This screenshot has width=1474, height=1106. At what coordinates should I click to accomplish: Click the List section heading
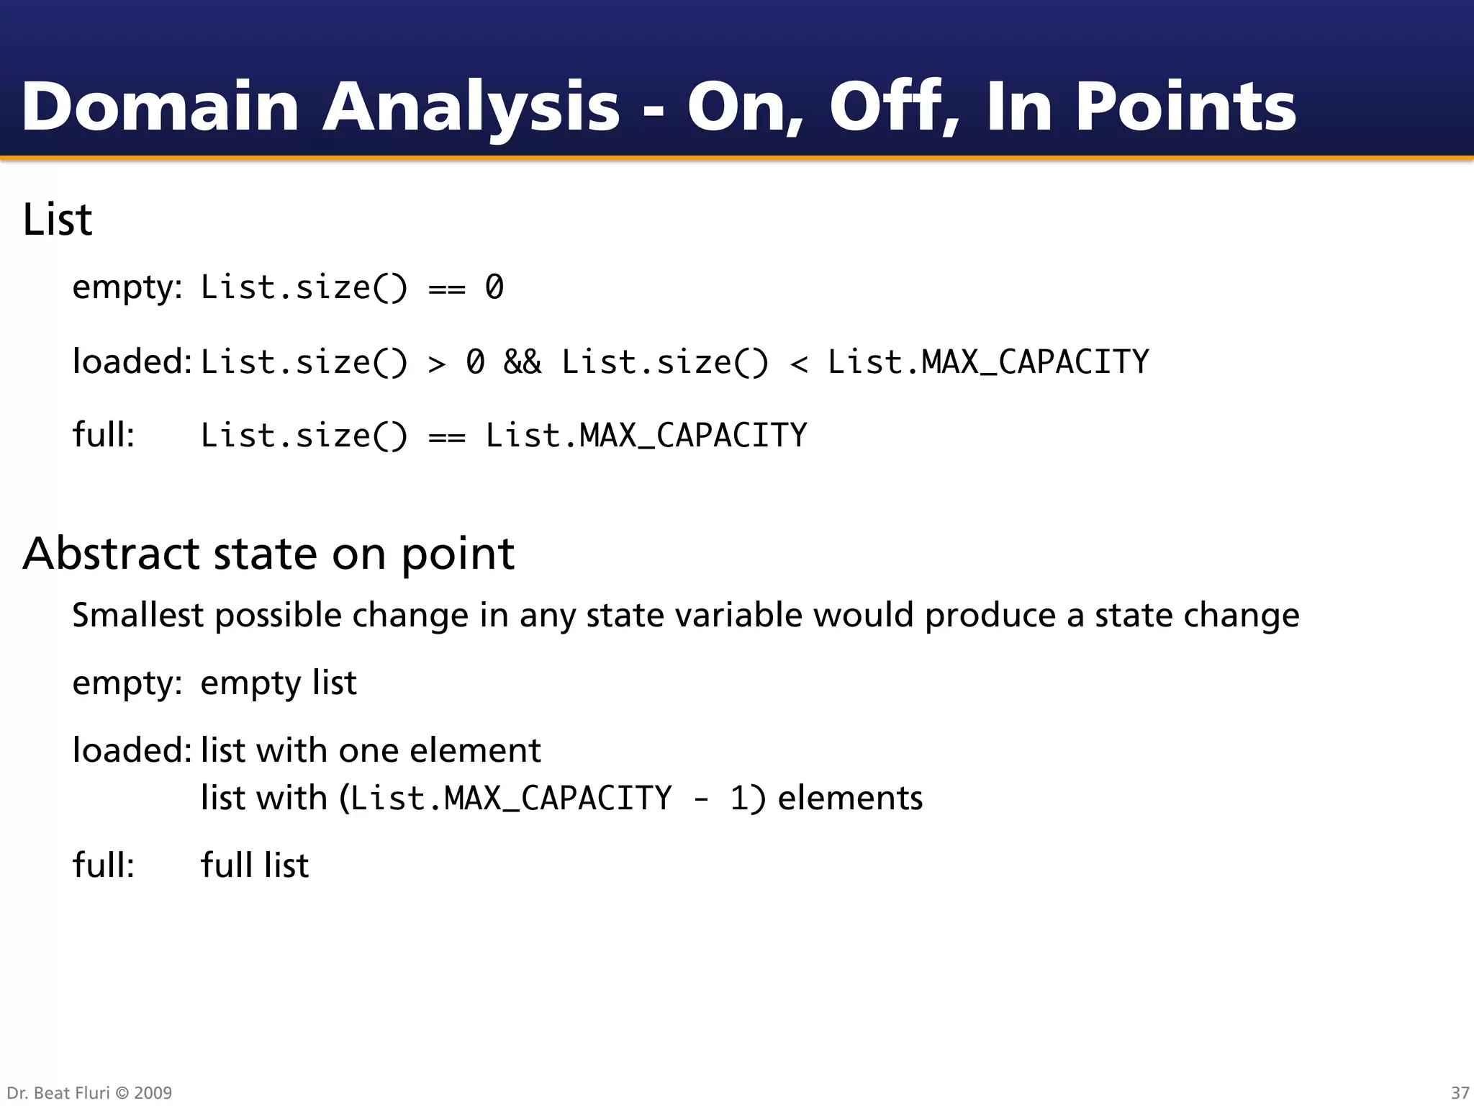pos(58,220)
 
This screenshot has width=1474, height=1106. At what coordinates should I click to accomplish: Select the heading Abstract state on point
pos(268,554)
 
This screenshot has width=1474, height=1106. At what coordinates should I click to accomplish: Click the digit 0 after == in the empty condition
pos(494,287)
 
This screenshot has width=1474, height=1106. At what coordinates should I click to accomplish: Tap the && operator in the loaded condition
pos(523,361)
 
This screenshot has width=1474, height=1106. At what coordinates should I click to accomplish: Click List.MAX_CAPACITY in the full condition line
pos(646,436)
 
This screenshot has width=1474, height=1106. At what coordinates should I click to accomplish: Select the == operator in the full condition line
pos(446,436)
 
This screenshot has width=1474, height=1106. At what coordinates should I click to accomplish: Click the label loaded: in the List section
pos(131,361)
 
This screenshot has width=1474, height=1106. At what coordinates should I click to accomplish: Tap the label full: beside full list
pos(103,865)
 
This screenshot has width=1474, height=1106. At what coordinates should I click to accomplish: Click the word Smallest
pos(137,615)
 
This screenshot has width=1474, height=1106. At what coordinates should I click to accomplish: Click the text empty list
pos(278,683)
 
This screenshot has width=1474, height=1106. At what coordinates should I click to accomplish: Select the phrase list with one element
pos(370,750)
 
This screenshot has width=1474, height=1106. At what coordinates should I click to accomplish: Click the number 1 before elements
pos(739,799)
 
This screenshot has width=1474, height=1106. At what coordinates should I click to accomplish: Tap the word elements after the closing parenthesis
pos(850,798)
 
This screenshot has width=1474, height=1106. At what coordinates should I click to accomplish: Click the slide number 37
pos(1460,1092)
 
